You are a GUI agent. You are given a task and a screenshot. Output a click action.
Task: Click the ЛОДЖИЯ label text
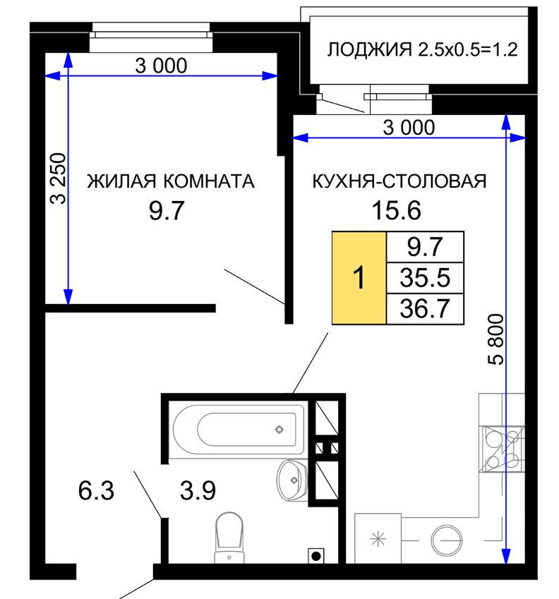(x=369, y=49)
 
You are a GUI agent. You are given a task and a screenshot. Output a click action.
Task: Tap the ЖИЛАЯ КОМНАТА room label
(x=170, y=181)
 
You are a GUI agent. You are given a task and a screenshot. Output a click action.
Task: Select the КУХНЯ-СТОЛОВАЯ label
(x=399, y=181)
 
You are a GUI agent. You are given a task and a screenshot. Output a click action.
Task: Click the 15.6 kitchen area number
(x=396, y=210)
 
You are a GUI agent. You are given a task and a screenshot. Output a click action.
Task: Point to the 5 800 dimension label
(x=496, y=339)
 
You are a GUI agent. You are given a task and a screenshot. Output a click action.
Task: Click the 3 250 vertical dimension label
(x=59, y=179)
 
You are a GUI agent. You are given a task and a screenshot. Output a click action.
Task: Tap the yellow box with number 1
(x=359, y=278)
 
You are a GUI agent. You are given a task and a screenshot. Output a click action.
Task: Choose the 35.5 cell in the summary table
(x=426, y=278)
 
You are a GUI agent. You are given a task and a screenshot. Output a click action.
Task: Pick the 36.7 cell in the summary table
(x=426, y=308)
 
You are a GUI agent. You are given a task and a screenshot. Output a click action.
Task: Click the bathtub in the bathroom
(x=239, y=430)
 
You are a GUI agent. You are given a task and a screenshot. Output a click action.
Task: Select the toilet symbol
(x=229, y=538)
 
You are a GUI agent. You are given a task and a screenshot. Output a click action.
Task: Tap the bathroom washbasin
(x=292, y=480)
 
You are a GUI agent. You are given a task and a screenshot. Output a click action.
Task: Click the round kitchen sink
(x=447, y=540)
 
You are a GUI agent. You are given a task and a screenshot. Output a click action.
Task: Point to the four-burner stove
(x=502, y=449)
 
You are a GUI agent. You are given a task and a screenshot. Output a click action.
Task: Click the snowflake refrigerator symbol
(x=378, y=538)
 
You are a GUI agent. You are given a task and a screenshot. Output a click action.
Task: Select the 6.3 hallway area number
(x=96, y=490)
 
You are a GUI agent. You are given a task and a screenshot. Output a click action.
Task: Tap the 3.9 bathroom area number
(x=198, y=490)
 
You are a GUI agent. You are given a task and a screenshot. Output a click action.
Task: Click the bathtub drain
(x=279, y=430)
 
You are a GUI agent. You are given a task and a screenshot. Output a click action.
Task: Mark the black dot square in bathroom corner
(x=316, y=556)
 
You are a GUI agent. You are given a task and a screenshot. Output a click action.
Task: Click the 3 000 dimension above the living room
(x=161, y=66)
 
